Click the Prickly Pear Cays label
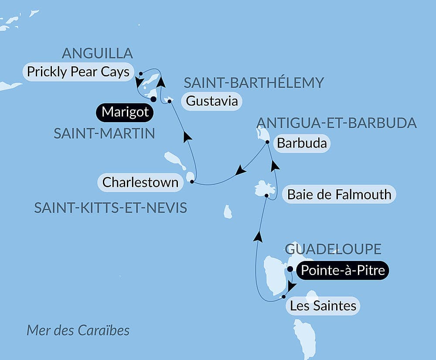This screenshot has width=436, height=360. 78,72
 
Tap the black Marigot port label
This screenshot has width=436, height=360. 125,113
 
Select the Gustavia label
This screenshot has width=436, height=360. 212,101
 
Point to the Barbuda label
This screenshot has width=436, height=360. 302,144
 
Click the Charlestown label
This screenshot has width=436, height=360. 140,182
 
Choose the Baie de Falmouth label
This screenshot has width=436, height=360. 339,194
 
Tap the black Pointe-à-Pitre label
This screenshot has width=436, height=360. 343,271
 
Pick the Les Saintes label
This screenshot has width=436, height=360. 323,306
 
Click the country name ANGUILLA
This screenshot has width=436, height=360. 97,53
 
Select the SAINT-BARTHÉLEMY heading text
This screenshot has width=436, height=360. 254,82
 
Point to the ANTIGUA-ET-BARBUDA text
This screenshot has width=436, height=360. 337,123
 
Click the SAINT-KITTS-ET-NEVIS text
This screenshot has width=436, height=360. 111,208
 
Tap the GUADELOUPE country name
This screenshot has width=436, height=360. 334,249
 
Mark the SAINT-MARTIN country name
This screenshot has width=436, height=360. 104,134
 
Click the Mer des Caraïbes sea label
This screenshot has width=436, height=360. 78,330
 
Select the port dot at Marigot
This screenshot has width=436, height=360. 153,99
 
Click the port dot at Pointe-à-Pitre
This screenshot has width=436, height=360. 290,269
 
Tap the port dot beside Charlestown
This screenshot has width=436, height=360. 192,181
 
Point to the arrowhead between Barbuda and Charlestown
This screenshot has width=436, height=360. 240,171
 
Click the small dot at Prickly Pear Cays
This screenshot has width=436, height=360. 140,74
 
